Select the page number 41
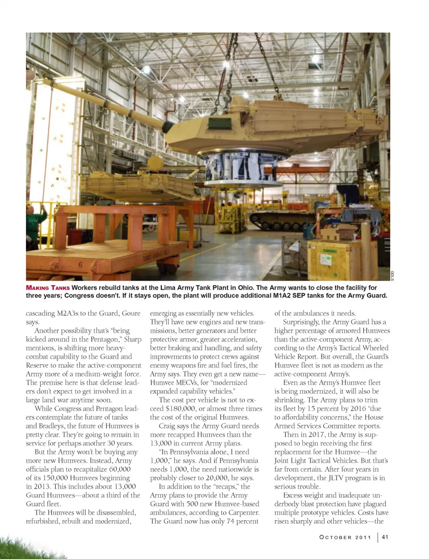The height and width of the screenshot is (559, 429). point(385,537)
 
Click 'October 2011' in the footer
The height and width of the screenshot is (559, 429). point(345,537)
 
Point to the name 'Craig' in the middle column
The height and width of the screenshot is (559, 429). point(168,426)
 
